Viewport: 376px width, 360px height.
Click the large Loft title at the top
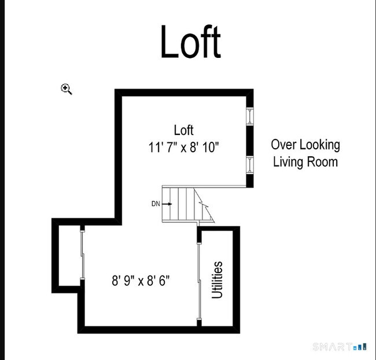click(x=191, y=41)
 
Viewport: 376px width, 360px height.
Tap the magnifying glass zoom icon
click(x=66, y=89)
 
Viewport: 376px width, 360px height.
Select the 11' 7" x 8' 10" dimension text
click(x=184, y=147)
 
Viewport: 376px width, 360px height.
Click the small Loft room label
click(x=184, y=130)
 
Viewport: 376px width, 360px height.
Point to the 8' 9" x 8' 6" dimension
click(x=141, y=280)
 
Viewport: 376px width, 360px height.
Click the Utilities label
click(x=218, y=280)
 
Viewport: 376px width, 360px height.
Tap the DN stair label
click(x=156, y=204)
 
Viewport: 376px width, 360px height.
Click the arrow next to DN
click(x=167, y=204)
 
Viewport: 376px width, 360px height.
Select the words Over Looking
click(x=305, y=145)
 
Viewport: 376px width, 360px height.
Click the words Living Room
click(x=305, y=161)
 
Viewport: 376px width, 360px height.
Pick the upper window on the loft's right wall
click(x=250, y=116)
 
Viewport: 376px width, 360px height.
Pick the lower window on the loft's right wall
click(x=250, y=165)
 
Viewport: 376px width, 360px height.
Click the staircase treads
click(x=182, y=204)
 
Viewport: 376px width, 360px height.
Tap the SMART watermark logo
click(x=340, y=347)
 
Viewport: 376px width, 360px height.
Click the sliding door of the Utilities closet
click(x=199, y=281)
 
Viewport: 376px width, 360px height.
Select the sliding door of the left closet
click(x=82, y=255)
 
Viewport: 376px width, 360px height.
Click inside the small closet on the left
click(x=69, y=256)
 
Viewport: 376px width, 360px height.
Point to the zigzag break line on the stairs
click(x=204, y=204)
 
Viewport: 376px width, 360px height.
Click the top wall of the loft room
click(x=184, y=93)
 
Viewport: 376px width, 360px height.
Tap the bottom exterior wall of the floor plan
click(x=158, y=330)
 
